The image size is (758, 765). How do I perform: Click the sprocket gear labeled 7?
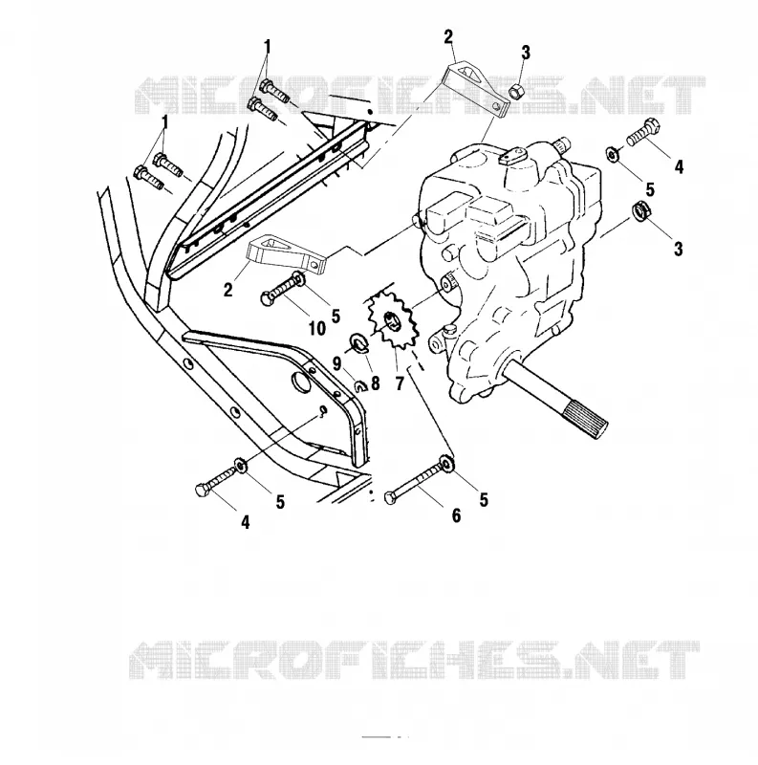[393, 322]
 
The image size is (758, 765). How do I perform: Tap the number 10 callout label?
[317, 328]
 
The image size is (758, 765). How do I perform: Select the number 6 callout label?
[456, 515]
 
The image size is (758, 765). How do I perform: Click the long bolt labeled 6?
[418, 481]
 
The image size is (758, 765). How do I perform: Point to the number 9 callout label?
[336, 363]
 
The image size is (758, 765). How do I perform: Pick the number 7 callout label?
[400, 384]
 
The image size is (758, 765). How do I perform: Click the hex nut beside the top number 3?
[513, 90]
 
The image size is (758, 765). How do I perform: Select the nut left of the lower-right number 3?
[639, 210]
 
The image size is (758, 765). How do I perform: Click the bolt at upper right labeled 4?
[644, 132]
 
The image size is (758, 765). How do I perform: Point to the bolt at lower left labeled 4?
[217, 480]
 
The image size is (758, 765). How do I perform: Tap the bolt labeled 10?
[281, 290]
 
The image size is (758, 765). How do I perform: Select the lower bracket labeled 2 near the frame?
[288, 254]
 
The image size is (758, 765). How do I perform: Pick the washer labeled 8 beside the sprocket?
[359, 342]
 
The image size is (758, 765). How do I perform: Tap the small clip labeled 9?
[361, 386]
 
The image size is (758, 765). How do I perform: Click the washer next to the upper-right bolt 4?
[612, 154]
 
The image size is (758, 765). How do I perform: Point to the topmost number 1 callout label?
[267, 47]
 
